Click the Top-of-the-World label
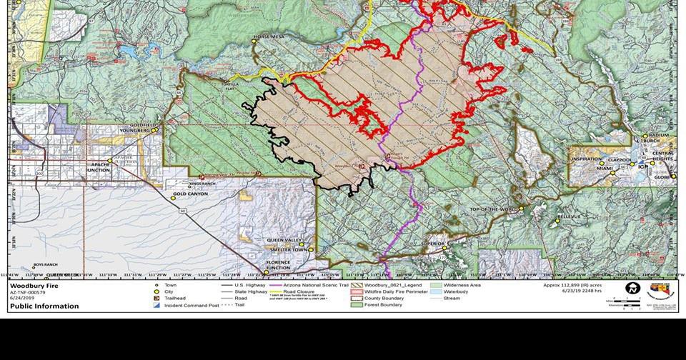[x=493, y=209]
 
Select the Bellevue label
[x=569, y=216]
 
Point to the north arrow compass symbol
[x=631, y=287]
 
